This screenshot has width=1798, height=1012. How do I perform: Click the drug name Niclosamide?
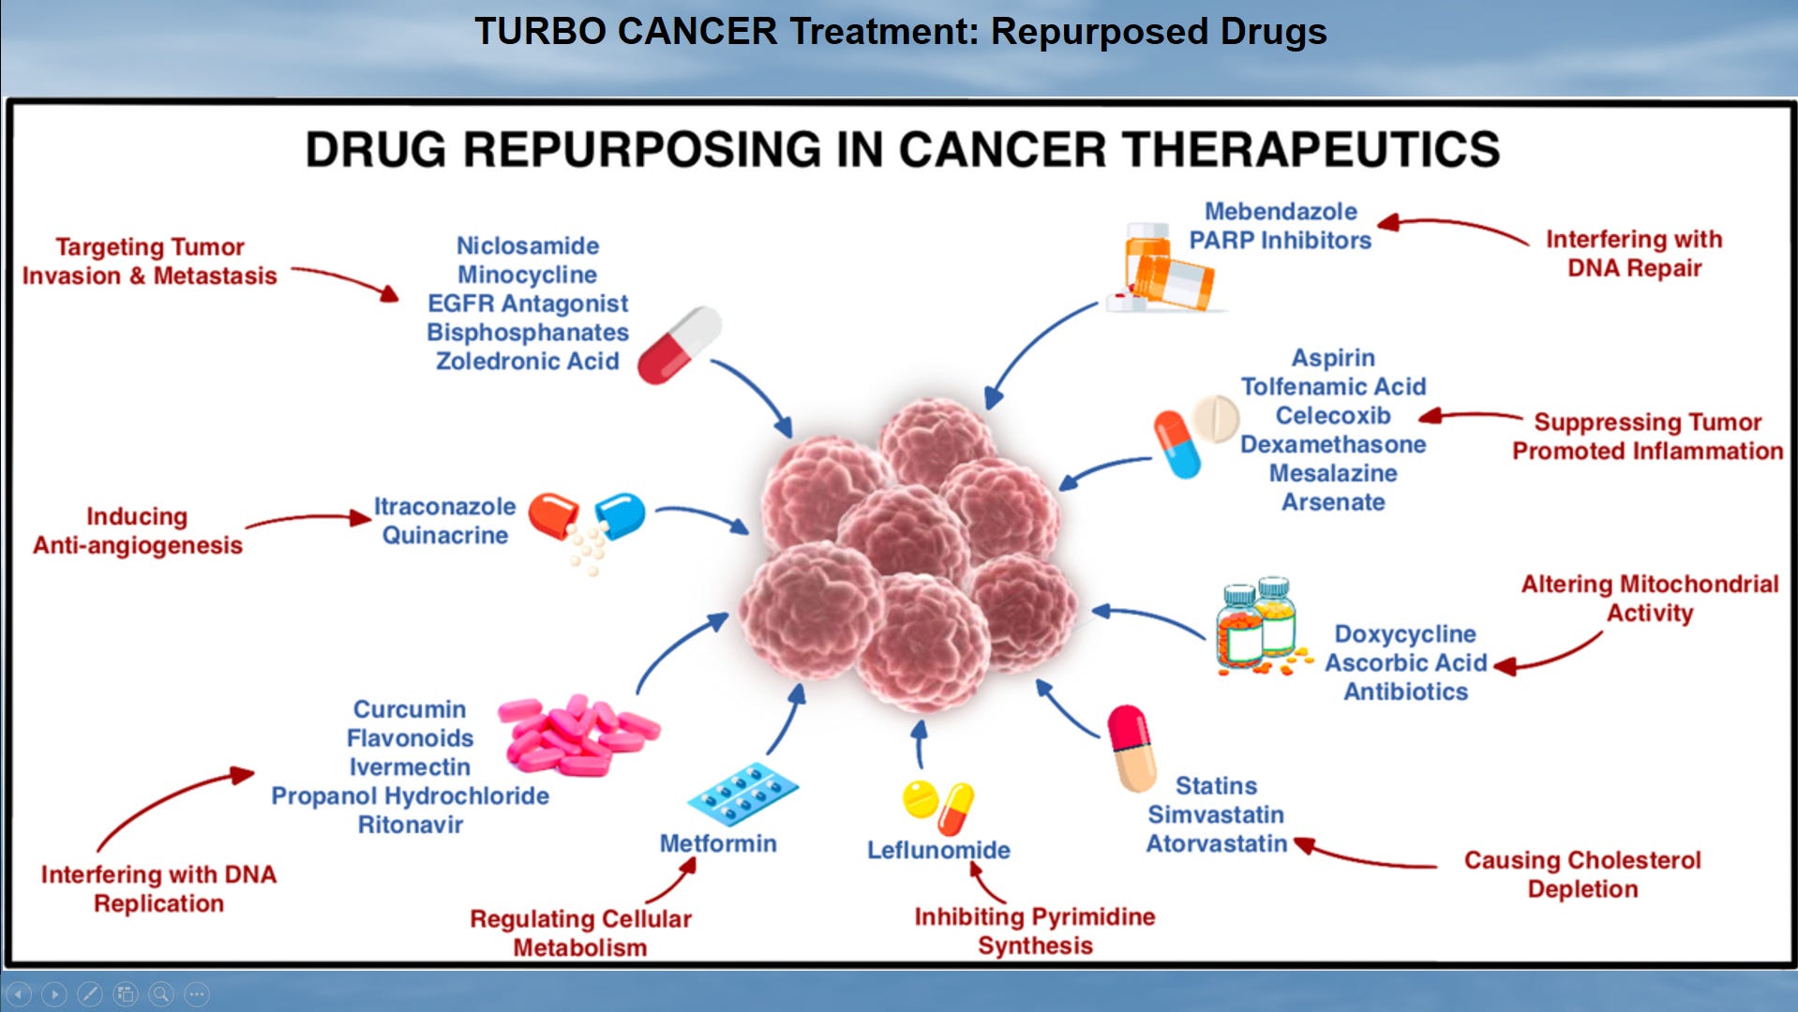click(x=527, y=246)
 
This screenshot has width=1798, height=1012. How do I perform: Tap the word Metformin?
click(x=718, y=843)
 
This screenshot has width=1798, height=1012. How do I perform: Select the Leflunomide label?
click(x=938, y=850)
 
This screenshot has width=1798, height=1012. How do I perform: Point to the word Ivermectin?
click(x=410, y=766)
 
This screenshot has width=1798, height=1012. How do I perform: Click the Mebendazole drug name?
click(x=1281, y=212)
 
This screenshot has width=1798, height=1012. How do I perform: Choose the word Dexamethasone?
click(x=1333, y=444)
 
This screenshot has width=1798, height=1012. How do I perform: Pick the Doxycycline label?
click(x=1405, y=633)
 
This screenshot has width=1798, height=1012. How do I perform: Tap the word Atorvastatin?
click(x=1217, y=843)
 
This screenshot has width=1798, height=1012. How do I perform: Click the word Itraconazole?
click(x=444, y=506)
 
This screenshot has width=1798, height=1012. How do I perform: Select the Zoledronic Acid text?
click(x=527, y=361)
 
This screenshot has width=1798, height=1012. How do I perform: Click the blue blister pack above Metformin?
click(x=742, y=792)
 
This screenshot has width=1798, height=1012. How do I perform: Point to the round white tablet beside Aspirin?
click(x=1215, y=418)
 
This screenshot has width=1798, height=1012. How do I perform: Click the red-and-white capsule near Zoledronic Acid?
click(x=679, y=344)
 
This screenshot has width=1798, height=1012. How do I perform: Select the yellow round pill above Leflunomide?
click(x=920, y=798)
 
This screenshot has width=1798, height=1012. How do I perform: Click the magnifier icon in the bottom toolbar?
click(x=161, y=993)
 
